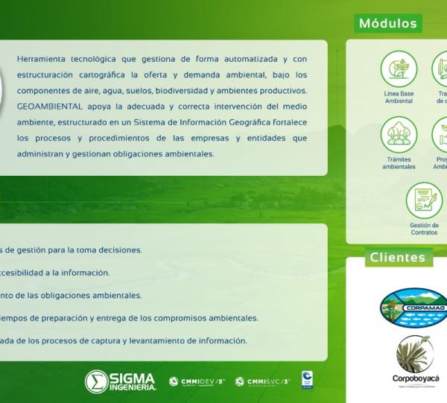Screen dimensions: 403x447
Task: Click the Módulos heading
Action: tap(387, 23)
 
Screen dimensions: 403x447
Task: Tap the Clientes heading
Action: tap(398, 258)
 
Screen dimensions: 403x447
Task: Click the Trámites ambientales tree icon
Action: tap(399, 134)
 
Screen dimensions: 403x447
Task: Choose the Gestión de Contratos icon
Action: tap(424, 200)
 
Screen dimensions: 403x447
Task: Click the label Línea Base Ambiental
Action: tap(399, 97)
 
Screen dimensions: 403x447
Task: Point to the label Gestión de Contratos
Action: tap(424, 228)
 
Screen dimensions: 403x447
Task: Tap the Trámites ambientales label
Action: tap(399, 163)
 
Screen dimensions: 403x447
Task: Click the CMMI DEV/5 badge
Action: tap(197, 381)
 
